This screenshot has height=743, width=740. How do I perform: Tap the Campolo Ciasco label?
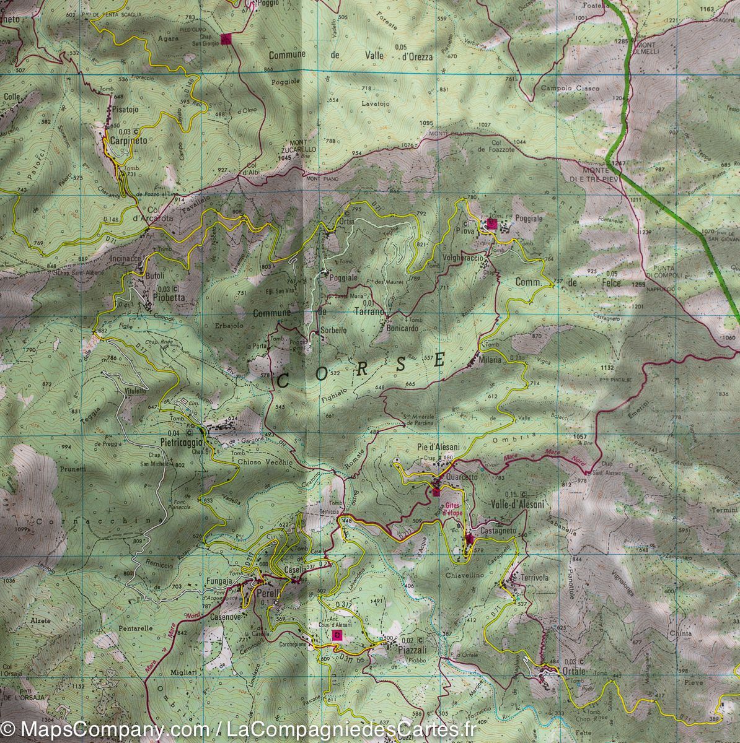point(570,89)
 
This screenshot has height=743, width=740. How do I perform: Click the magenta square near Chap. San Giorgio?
point(227,39)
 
